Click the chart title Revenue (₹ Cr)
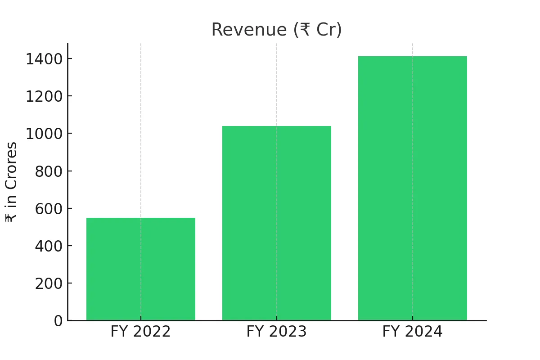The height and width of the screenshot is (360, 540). click(x=276, y=30)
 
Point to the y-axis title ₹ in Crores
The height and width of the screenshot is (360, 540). click(x=11, y=182)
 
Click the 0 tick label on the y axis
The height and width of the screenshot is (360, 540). click(x=58, y=321)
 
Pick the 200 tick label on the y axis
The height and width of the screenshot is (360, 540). click(x=49, y=283)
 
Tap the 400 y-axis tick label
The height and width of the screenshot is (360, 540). click(x=49, y=246)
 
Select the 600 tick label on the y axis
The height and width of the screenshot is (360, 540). click(x=49, y=209)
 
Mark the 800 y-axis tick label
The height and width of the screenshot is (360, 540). click(x=49, y=171)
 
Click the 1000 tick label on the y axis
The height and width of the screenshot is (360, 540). click(x=44, y=134)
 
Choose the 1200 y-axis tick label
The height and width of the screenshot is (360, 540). click(x=44, y=96)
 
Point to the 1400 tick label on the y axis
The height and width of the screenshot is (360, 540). click(x=44, y=59)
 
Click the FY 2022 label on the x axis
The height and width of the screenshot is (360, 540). click(x=140, y=332)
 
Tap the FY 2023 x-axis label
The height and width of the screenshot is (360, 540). click(x=276, y=332)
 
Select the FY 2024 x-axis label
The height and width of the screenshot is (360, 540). click(x=412, y=332)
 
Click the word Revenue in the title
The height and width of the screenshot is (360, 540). click(x=249, y=30)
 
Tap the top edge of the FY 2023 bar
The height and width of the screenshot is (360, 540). click(x=276, y=126)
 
